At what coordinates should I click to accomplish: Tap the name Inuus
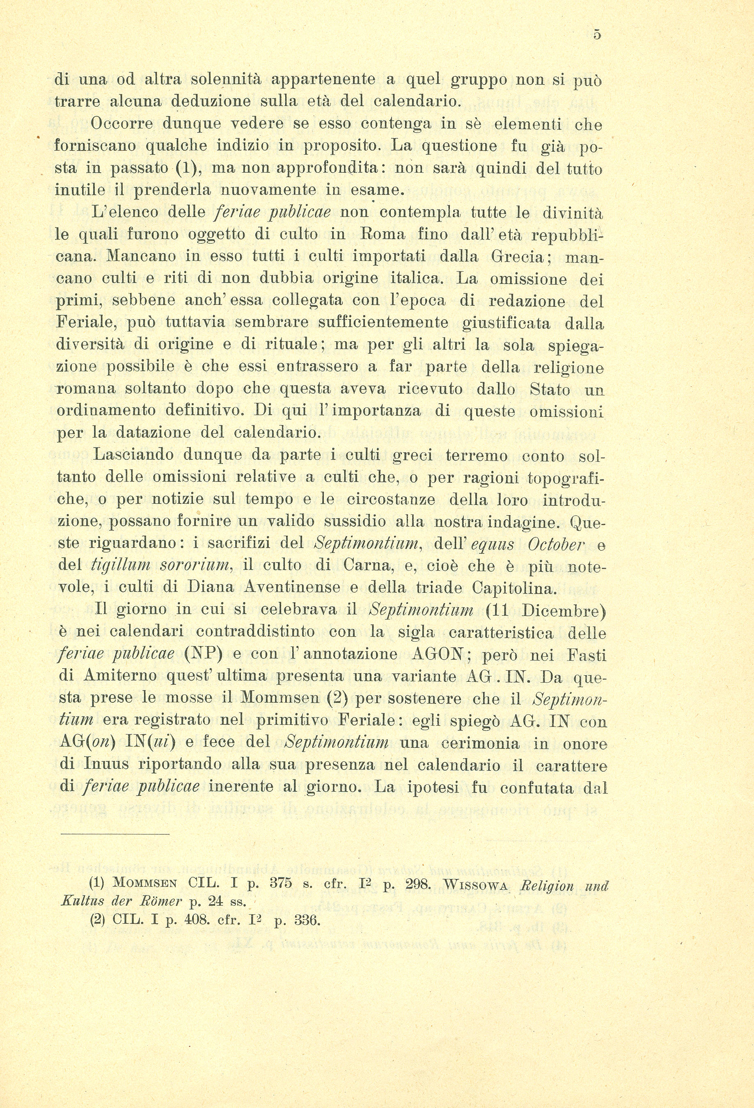point(106,764)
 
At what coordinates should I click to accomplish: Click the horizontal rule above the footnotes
point(115,834)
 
